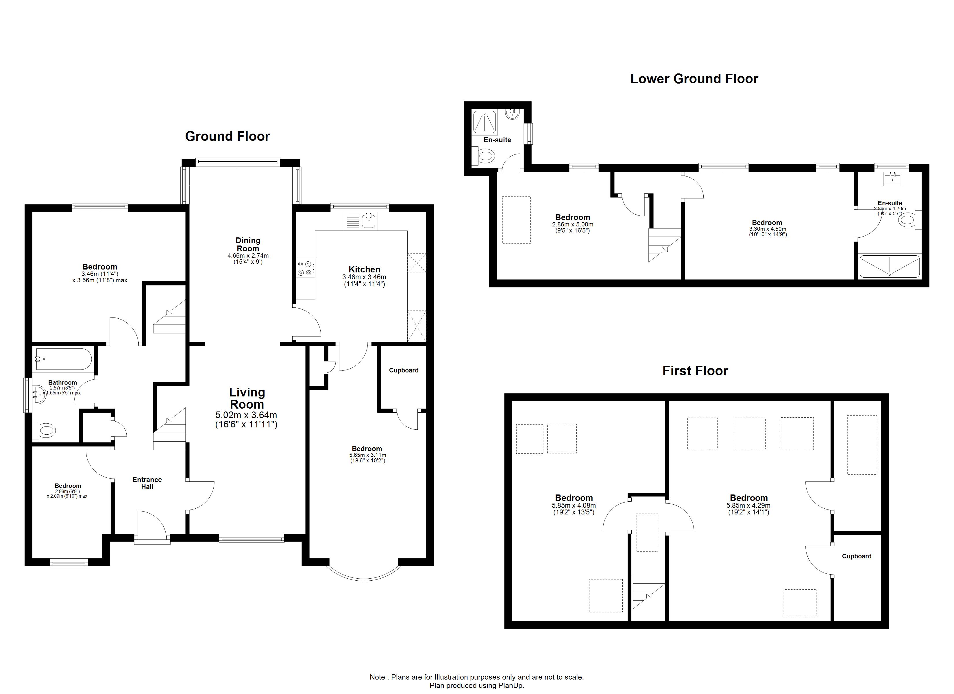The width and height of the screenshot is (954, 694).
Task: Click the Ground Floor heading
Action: pos(227,136)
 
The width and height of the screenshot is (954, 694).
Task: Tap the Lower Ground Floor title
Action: pos(694,79)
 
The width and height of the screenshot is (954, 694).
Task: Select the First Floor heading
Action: pos(695,371)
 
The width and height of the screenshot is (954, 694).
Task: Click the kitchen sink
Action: pos(369,221)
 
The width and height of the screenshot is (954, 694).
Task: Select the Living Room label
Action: pos(247,398)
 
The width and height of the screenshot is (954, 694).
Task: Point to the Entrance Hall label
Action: pos(147,483)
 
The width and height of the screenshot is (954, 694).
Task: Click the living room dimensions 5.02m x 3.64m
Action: pos(247,415)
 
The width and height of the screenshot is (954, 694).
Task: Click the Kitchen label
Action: pos(364,269)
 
